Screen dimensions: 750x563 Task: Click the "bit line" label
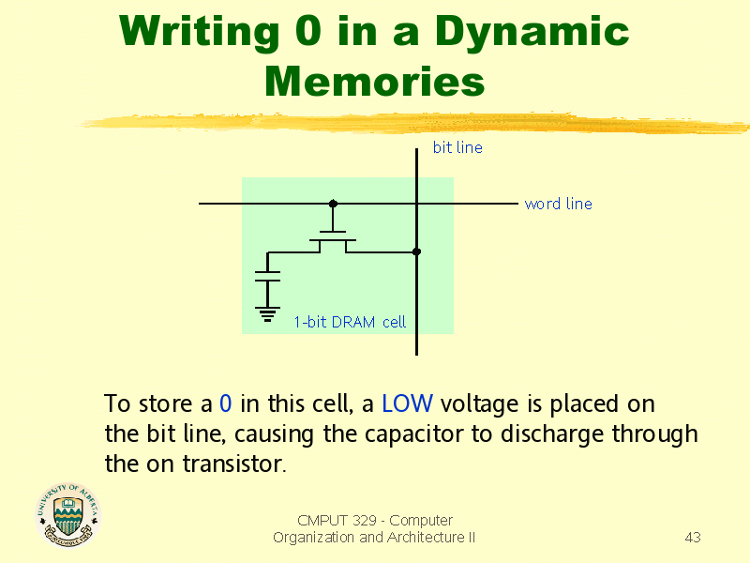coord(457,147)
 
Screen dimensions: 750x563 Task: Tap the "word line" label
coord(558,204)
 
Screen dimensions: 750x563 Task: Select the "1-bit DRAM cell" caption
coord(350,322)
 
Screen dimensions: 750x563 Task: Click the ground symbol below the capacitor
coord(267,314)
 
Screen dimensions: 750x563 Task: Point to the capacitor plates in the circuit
coord(267,276)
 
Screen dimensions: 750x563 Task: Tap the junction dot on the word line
coord(334,204)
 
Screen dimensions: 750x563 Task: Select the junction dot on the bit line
coord(416,251)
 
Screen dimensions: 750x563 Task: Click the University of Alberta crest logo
coord(67,514)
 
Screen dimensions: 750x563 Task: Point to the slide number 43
coord(693,537)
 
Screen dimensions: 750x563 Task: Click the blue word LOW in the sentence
coord(407,403)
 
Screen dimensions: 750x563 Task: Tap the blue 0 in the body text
coord(225,403)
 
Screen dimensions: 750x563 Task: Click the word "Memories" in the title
coord(374,82)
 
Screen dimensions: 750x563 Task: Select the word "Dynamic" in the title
coord(532,33)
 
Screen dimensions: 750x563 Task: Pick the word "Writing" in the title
coord(199,33)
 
